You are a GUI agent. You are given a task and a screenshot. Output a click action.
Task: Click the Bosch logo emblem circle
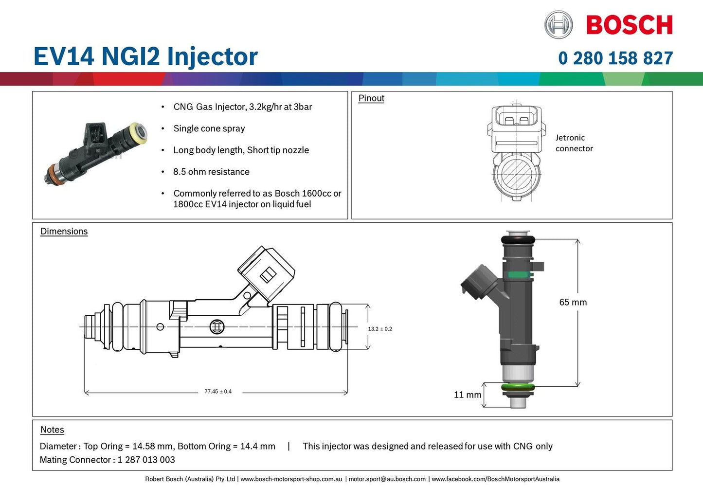point(559,25)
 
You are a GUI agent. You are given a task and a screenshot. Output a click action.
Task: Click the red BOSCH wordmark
point(629,25)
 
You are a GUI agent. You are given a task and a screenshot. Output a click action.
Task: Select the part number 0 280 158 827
point(615,58)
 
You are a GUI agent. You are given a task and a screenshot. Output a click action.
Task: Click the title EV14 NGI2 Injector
point(145,56)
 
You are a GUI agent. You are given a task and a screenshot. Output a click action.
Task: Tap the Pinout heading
point(371,98)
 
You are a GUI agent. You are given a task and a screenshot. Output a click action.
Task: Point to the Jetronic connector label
point(574,143)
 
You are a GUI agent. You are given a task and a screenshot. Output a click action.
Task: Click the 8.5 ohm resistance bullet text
point(211,172)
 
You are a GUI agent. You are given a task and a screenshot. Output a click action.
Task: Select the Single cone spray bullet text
point(209,128)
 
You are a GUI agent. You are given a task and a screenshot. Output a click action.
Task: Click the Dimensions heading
point(64,232)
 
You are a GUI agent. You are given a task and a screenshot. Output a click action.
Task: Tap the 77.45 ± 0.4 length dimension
point(218,392)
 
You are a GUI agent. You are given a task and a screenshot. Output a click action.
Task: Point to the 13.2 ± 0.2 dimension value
point(380,329)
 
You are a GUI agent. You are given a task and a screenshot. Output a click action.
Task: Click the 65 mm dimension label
point(573,302)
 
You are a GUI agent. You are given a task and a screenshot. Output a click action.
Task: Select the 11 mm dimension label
point(467,395)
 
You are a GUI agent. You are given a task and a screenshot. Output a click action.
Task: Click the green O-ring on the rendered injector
point(518,388)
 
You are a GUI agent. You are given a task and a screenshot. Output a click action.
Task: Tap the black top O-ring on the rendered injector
point(518,240)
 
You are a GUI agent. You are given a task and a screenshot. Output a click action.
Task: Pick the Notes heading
point(52,430)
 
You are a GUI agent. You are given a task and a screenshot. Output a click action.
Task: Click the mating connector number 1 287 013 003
point(146,460)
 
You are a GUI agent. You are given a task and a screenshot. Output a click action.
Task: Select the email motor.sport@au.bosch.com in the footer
point(387,479)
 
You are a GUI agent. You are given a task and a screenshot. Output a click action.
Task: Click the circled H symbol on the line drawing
point(217,326)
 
